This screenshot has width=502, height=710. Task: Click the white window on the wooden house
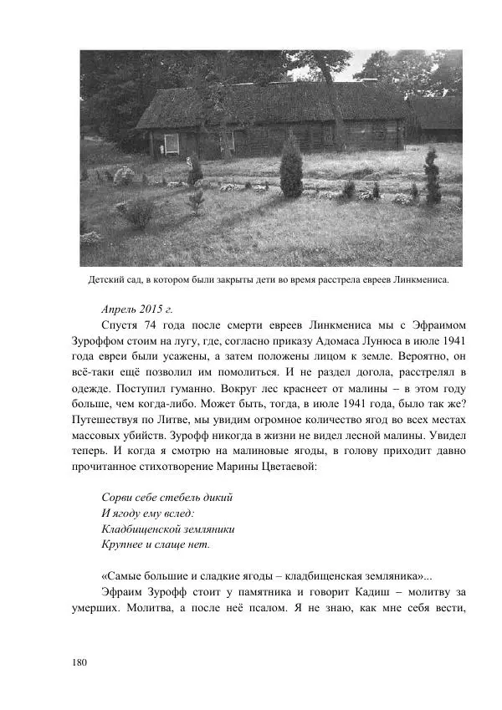point(172,143)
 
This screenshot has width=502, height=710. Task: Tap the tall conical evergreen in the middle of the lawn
point(290,167)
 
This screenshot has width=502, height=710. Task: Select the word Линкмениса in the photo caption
point(418,280)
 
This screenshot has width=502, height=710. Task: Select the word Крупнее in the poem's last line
point(124,544)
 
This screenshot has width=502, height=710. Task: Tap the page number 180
point(80,662)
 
